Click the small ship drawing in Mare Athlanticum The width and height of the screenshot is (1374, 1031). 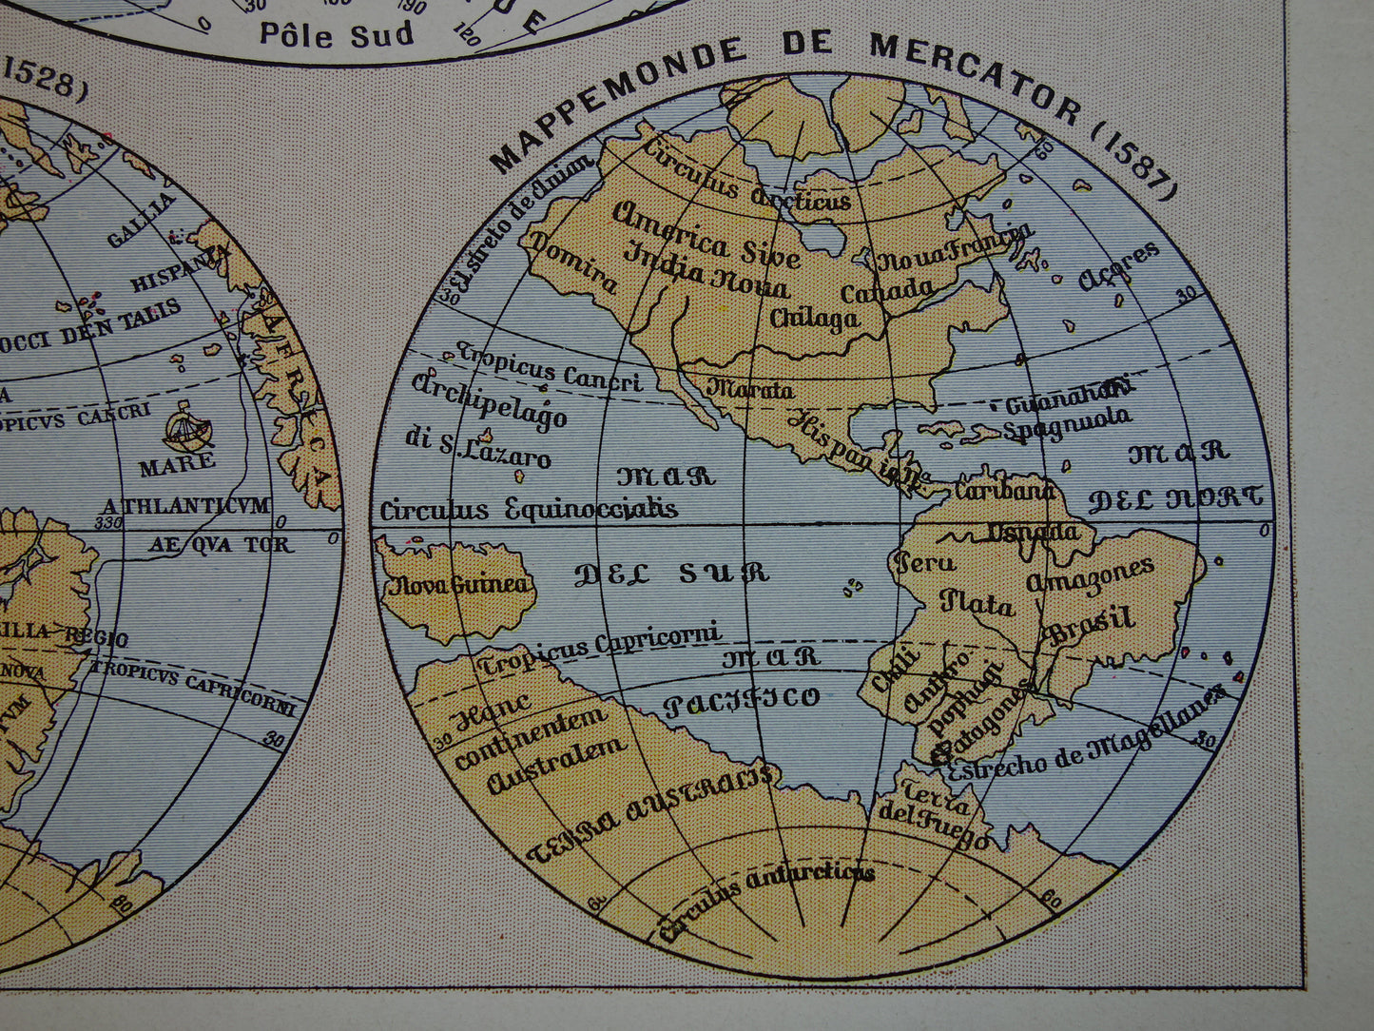pyautogui.click(x=187, y=428)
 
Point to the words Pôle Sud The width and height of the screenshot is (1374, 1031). pyautogui.click(x=337, y=34)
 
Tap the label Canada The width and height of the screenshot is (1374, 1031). pyautogui.click(x=887, y=289)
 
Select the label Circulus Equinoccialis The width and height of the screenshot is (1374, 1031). pyautogui.click(x=529, y=510)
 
